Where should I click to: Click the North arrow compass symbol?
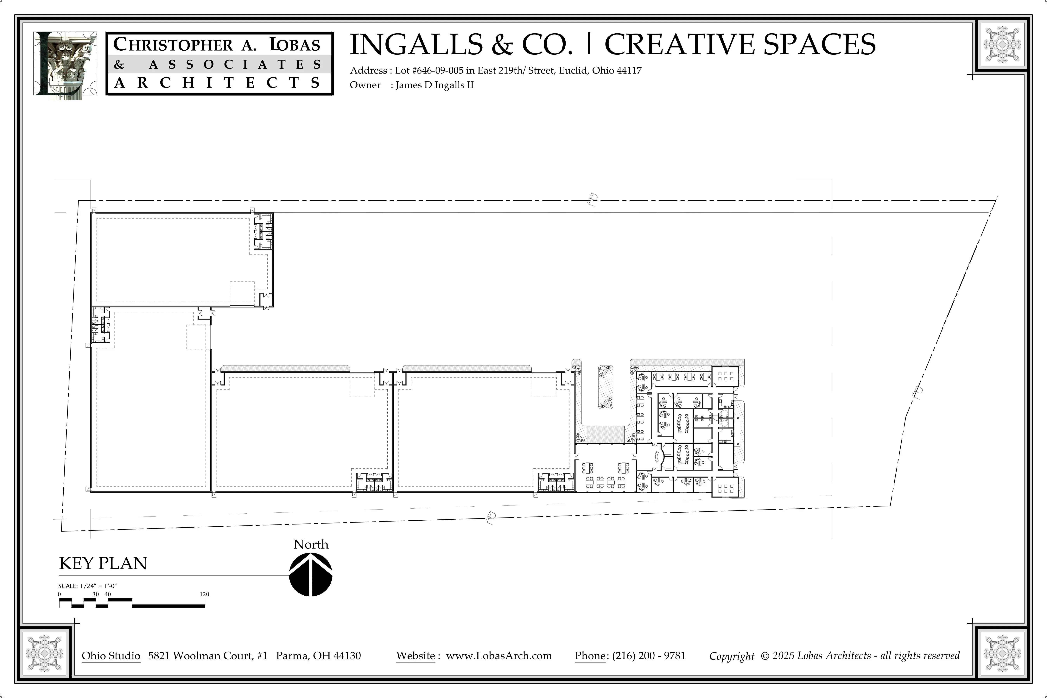click(311, 575)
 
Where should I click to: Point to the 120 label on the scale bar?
click(204, 594)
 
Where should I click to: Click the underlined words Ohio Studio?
click(111, 656)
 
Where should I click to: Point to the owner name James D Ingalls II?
click(435, 85)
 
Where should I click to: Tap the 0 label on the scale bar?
click(60, 594)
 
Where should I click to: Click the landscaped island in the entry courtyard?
click(605, 387)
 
